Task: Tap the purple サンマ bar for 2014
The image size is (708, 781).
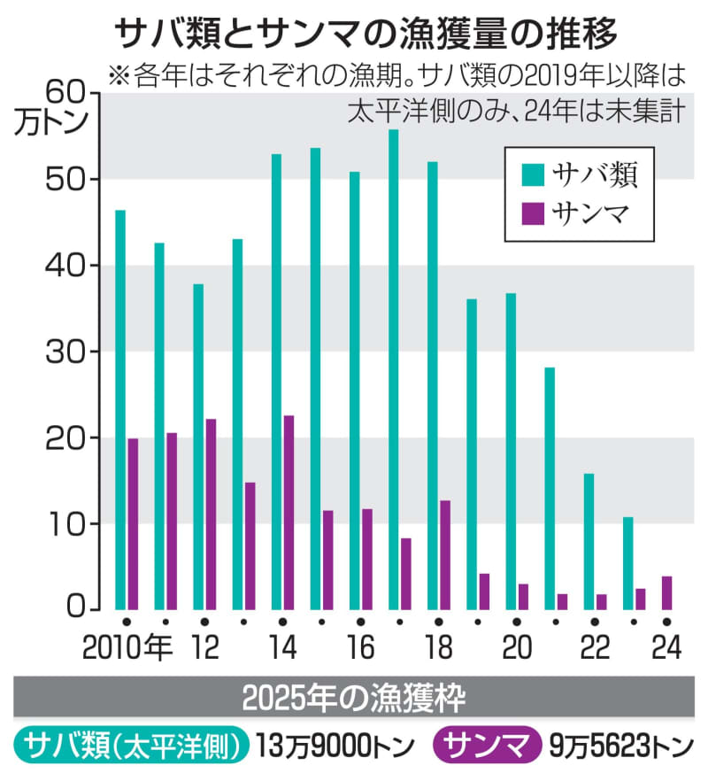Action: pos(289,513)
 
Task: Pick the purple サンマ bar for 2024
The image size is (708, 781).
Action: pos(666,593)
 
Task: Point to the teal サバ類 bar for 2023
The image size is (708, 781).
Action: pos(627,563)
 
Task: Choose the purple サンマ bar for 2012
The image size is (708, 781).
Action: pos(211,514)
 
